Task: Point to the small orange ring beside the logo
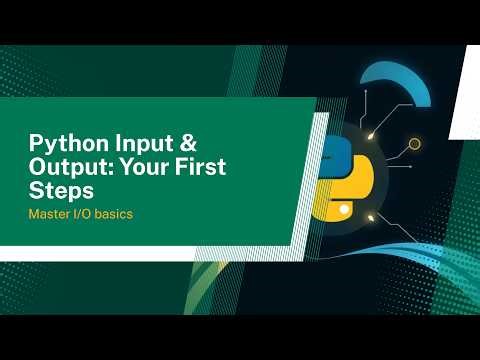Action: [414, 144]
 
